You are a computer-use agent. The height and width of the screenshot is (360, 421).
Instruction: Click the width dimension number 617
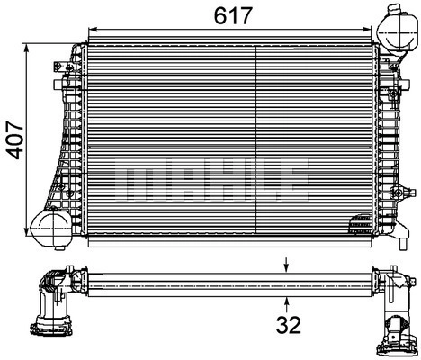[x=233, y=15]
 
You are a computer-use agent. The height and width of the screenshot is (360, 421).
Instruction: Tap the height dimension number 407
[x=15, y=139]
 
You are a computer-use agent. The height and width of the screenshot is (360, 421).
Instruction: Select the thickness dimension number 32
[x=288, y=325]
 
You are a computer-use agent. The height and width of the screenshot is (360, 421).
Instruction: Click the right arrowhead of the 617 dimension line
[x=367, y=29]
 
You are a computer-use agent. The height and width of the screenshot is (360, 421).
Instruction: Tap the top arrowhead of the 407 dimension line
[x=27, y=49]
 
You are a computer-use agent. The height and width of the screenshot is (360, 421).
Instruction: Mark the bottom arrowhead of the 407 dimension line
[x=27, y=230]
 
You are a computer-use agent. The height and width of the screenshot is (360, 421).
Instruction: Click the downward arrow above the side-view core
[x=287, y=265]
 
